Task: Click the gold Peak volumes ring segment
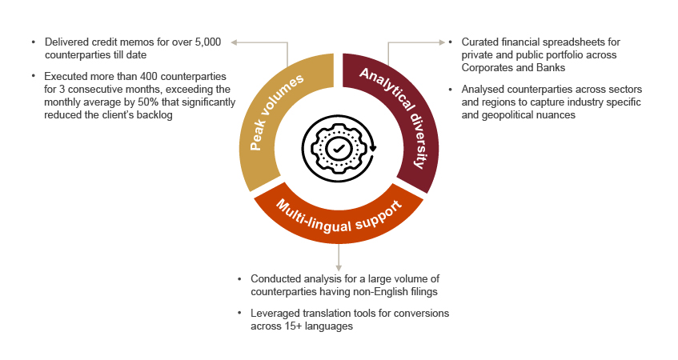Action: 276,120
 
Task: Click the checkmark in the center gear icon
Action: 339,148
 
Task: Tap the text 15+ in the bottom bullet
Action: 285,327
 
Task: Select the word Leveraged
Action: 277,314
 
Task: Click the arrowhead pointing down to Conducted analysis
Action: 339,266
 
